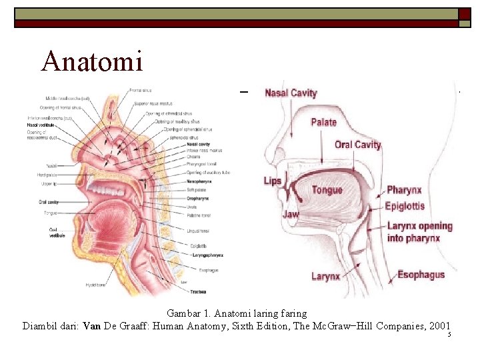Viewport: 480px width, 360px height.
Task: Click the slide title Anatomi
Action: tap(92, 61)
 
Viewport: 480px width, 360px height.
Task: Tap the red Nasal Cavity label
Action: tap(291, 93)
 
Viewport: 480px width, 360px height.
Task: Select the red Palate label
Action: tap(324, 122)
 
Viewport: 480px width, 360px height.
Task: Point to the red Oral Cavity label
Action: tap(358, 145)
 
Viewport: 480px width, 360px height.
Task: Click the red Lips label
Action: tap(272, 181)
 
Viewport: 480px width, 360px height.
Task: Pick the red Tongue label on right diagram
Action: tap(327, 190)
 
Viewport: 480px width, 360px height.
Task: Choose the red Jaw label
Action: tap(291, 215)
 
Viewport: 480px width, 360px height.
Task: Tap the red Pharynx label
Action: tap(404, 191)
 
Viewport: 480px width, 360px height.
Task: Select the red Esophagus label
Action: tap(421, 275)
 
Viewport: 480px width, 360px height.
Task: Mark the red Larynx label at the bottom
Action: tap(325, 276)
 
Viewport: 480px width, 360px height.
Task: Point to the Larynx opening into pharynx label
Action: tap(419, 232)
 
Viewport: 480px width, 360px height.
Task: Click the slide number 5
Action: tap(449, 335)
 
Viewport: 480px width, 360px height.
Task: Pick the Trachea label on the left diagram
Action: tap(197, 292)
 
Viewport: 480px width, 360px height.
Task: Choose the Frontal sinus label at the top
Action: tap(141, 90)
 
